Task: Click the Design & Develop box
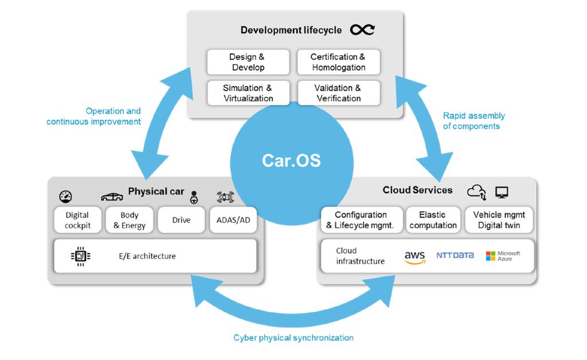coord(248,62)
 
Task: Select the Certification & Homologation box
coord(338,62)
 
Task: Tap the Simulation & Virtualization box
coord(248,93)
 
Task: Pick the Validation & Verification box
coord(338,93)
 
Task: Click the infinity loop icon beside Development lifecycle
coord(362,30)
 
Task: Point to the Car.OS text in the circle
coord(291,160)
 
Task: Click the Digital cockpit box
coord(77,220)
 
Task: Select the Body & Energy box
coord(130,220)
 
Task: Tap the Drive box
coord(181,220)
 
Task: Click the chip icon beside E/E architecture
coord(81,256)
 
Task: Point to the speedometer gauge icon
coord(66,197)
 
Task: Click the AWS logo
coord(414,257)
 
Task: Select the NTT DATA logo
coord(455,255)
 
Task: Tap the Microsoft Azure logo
coord(503,256)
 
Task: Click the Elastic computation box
coord(433,220)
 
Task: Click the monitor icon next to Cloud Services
coord(502,192)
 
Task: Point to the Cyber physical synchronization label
coord(293,338)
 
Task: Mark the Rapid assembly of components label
coord(474,121)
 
